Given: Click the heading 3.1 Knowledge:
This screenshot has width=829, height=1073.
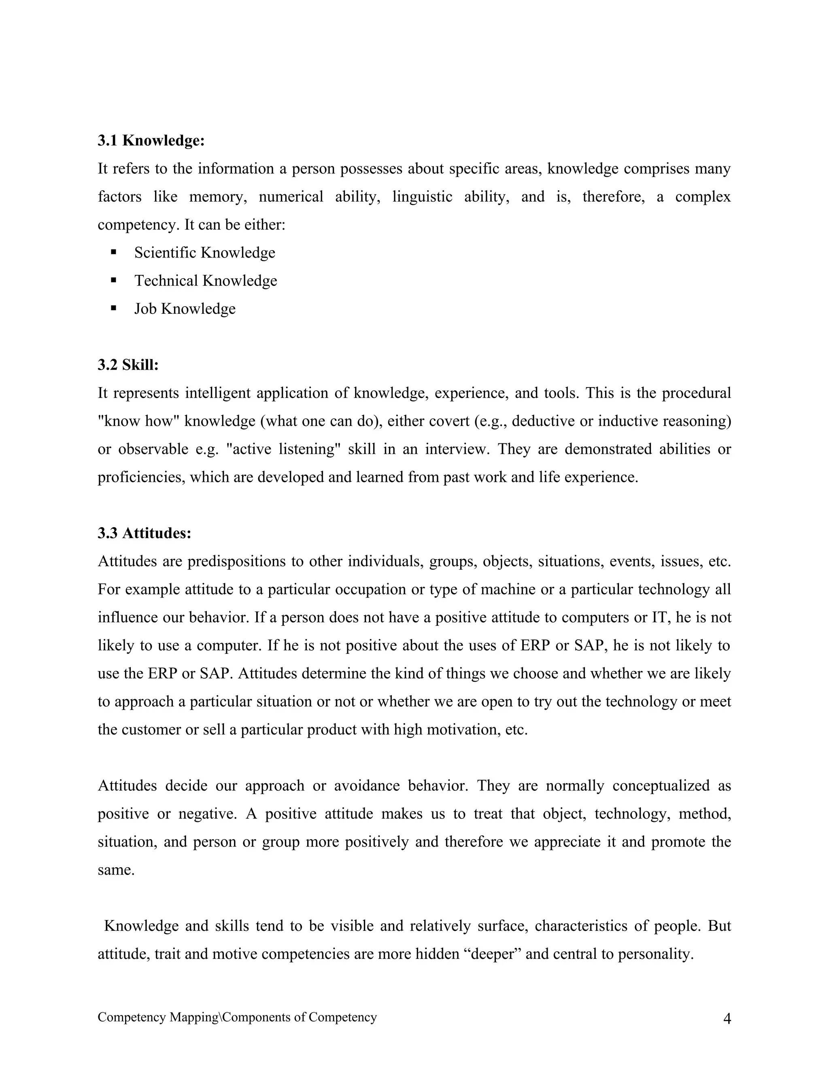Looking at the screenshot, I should [x=151, y=141].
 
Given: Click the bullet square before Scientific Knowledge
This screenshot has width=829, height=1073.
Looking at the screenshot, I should [x=114, y=252].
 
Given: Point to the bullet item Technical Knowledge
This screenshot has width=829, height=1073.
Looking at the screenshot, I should [x=205, y=281].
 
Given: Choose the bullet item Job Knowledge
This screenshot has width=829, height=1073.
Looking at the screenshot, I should [x=185, y=309].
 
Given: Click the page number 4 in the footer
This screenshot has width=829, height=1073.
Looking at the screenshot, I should [x=727, y=1019].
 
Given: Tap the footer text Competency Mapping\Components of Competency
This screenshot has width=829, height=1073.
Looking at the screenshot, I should [x=237, y=1017].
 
